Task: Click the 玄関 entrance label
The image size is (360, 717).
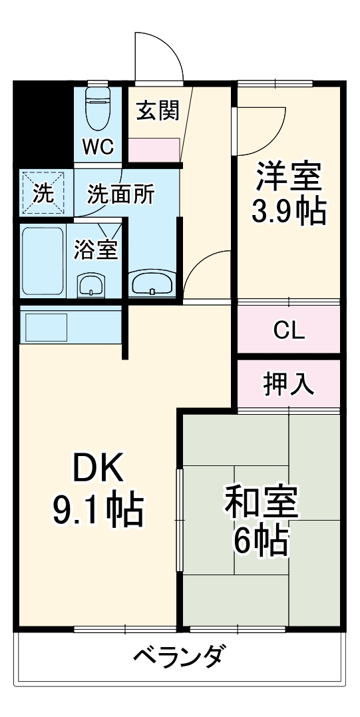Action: [158, 111]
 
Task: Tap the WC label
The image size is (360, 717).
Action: [98, 146]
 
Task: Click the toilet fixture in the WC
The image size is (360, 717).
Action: [98, 110]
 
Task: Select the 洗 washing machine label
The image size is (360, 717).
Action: [43, 194]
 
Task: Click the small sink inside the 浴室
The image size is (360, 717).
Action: [90, 285]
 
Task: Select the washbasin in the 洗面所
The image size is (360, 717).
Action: [152, 284]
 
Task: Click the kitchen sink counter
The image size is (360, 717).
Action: [47, 327]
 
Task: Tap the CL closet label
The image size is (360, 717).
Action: [289, 330]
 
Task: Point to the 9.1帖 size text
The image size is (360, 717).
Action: [98, 510]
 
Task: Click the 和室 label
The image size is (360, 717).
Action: [261, 505]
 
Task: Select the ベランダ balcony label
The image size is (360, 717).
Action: [178, 658]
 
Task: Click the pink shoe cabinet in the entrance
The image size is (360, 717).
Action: [154, 150]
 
